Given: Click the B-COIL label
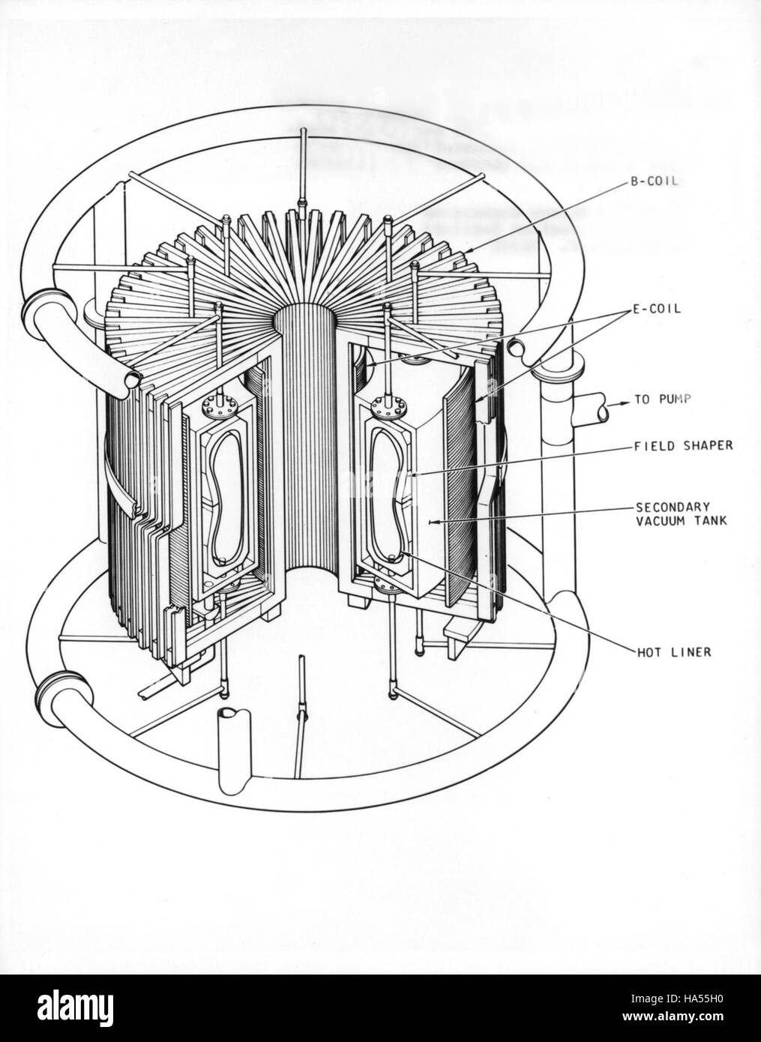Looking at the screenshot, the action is [653, 182].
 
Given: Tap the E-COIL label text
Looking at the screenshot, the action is [656, 309].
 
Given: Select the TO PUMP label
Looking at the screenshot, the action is [662, 399].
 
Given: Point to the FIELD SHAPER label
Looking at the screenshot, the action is [683, 445].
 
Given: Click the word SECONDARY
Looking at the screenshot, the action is [673, 506].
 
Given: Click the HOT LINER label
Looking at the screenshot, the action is [674, 652].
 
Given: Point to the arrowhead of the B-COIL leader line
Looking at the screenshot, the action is [469, 252].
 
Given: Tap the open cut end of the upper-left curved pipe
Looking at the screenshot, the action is [132, 379].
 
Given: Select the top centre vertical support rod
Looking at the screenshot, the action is [304, 173].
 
